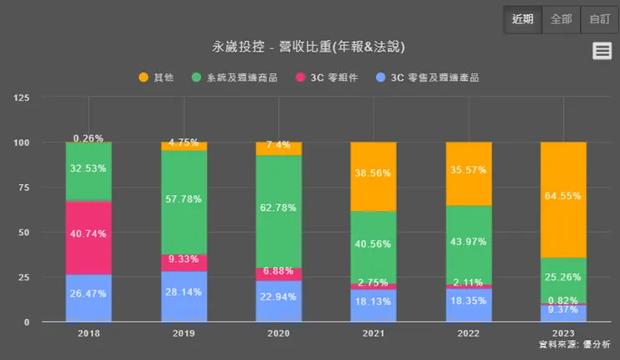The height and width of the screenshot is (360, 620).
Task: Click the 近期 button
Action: (522, 18)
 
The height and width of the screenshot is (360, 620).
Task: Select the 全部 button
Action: (561, 18)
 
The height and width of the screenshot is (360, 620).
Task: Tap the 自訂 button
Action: (599, 18)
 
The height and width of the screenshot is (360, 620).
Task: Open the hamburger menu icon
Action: (602, 51)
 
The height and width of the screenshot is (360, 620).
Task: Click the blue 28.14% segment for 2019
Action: (183, 297)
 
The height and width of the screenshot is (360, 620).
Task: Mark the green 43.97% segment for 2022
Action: (468, 244)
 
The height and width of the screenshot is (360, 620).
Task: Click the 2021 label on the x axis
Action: (373, 332)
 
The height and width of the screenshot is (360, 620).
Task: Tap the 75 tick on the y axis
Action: (47, 188)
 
